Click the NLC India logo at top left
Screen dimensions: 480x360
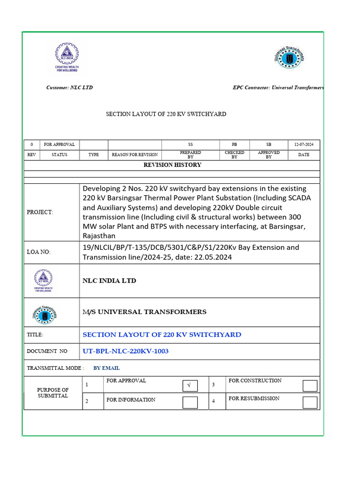coord(67,57)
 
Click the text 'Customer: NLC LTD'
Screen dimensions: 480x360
coord(69,88)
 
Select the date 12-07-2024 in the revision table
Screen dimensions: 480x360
coord(303,144)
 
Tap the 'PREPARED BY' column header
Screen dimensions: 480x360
coord(190,155)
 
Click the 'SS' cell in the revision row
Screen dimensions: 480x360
coord(190,144)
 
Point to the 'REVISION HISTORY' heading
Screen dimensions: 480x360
coord(172,165)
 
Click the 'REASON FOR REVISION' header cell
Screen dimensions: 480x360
coord(135,155)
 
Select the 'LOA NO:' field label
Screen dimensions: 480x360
coord(38,252)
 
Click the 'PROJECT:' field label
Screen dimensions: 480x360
coord(40,212)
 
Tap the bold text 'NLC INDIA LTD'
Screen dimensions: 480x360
coord(109,281)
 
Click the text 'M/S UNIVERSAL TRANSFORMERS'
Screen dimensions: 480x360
coord(144,312)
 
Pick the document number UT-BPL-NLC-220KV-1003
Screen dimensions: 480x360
coord(126,351)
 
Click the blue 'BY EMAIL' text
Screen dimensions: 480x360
coord(106,368)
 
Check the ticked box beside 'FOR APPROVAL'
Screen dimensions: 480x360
coord(190,386)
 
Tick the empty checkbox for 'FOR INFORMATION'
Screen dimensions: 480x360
coord(190,402)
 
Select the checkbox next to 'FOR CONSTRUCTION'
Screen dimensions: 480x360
coord(310,386)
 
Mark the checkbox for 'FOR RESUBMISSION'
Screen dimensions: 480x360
coord(310,402)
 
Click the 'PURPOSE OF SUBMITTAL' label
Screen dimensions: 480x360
coord(52,393)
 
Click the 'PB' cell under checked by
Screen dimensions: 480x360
coord(234,144)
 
